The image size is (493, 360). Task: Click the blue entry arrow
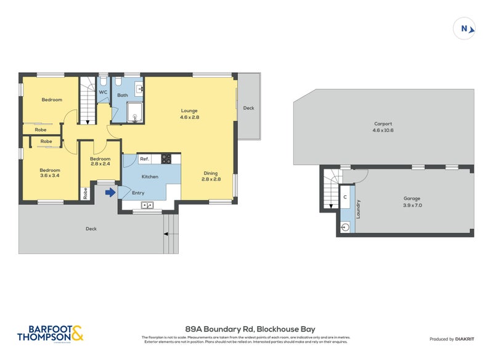(x=110, y=193)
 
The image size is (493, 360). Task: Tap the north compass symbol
(x=465, y=28)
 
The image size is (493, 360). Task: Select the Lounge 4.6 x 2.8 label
(x=189, y=114)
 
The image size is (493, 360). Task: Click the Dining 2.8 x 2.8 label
(x=210, y=177)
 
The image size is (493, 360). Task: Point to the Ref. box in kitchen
(x=145, y=159)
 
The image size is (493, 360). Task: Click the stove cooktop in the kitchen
(x=166, y=159)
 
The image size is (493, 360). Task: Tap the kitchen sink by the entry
(x=147, y=205)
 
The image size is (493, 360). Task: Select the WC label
(x=103, y=92)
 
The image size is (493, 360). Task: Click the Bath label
(x=123, y=95)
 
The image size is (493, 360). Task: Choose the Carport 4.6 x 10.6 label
(x=382, y=127)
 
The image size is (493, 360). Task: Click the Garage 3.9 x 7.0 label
(x=412, y=202)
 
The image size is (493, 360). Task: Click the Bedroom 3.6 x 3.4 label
(x=49, y=173)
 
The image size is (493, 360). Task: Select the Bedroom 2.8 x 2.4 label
(x=99, y=161)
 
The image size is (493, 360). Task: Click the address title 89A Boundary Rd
(x=250, y=329)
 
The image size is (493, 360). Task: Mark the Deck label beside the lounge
(x=248, y=108)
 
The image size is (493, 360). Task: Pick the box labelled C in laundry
(x=344, y=197)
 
